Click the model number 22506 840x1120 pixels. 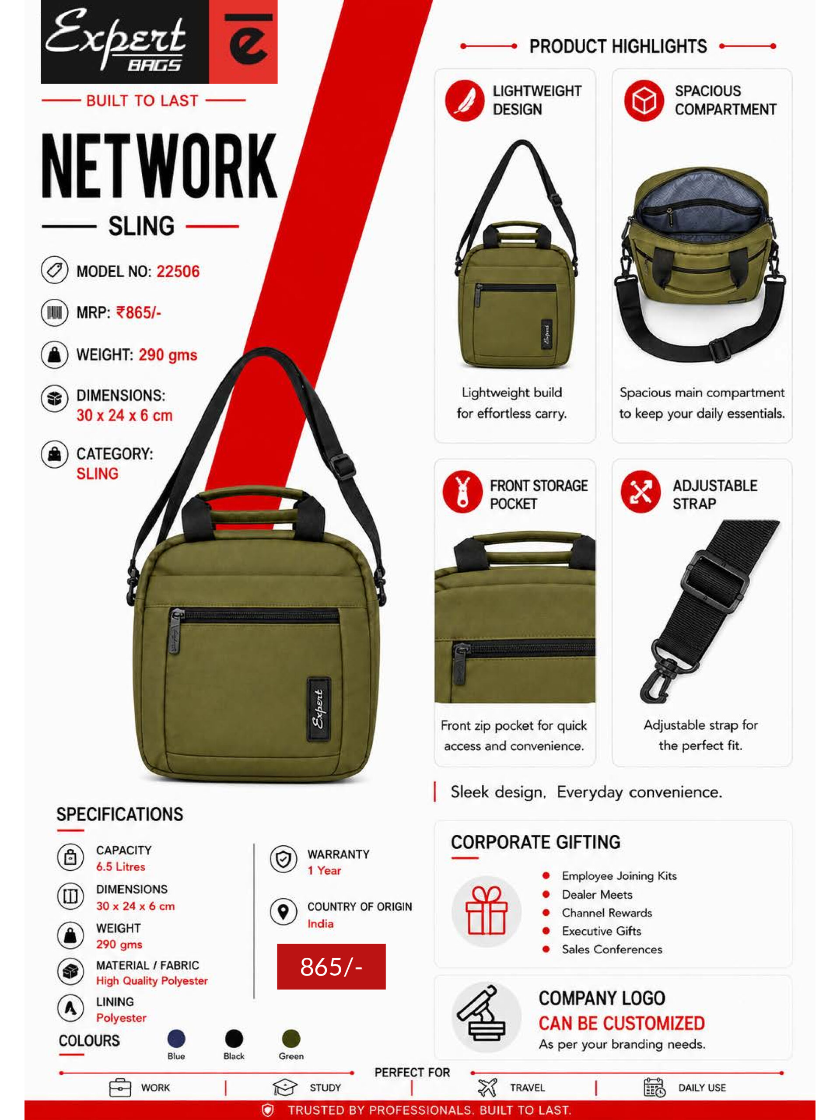click(x=178, y=271)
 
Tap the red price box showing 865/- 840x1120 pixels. click(x=331, y=966)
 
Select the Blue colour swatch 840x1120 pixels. click(x=176, y=1039)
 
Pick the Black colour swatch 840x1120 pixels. click(x=234, y=1039)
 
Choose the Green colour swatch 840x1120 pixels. click(x=291, y=1039)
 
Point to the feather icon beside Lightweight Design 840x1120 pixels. click(x=465, y=100)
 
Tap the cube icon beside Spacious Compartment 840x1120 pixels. click(x=644, y=100)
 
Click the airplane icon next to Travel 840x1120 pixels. click(x=487, y=1087)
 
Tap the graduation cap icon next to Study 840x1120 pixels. click(x=284, y=1087)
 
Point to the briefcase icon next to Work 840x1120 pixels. click(x=120, y=1087)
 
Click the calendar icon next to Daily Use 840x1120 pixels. click(x=654, y=1087)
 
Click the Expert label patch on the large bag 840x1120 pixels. click(x=318, y=708)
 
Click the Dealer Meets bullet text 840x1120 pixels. click(x=597, y=894)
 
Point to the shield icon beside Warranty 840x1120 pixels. click(x=283, y=859)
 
